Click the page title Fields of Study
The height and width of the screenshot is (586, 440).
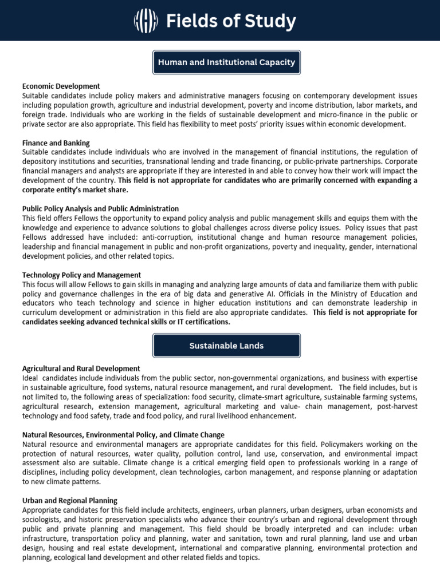(230, 22)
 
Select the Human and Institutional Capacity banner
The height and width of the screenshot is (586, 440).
(226, 62)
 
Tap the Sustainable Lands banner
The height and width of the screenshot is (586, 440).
(226, 346)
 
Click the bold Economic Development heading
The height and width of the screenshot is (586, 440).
(61, 86)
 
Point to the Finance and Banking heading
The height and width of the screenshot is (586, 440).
(56, 142)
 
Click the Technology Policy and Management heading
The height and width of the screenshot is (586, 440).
(81, 275)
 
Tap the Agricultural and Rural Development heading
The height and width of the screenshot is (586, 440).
(81, 368)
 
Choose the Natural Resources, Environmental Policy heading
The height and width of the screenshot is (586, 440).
(123, 435)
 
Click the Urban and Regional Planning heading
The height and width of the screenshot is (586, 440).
(69, 500)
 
